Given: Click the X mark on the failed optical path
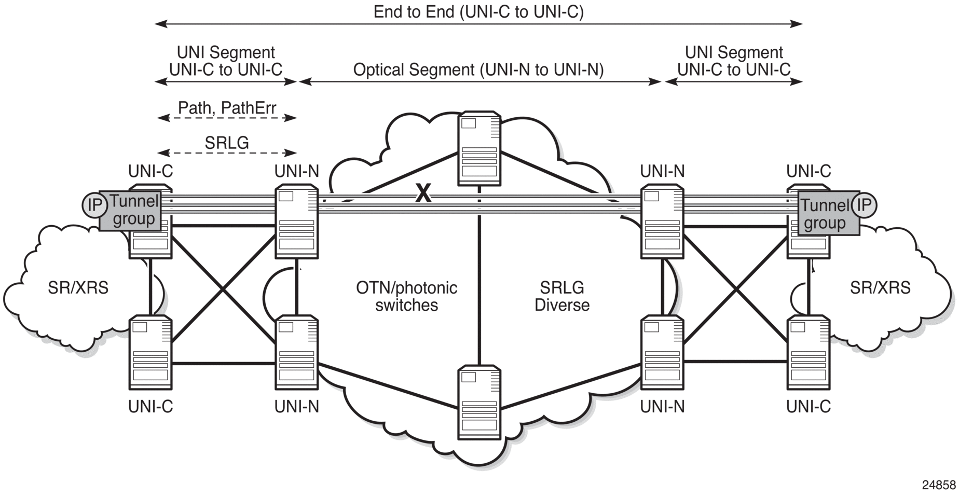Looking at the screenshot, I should (x=423, y=193).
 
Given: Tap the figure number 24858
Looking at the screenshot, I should (x=938, y=485).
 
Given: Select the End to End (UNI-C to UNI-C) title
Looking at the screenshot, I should (x=478, y=11).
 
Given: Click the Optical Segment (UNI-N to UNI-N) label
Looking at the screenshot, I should (x=478, y=70).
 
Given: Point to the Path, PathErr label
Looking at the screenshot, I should (x=227, y=108).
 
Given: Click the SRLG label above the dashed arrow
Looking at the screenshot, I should (x=227, y=143).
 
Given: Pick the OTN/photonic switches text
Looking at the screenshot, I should (x=406, y=296).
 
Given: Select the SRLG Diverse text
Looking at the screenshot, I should (x=562, y=296).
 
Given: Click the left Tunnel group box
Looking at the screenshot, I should (x=130, y=210).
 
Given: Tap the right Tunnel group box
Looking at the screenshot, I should (x=828, y=213).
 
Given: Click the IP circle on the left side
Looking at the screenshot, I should (x=94, y=205).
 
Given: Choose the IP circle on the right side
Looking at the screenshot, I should (x=864, y=204).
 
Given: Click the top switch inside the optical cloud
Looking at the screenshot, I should (x=479, y=148).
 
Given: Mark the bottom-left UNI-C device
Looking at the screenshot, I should (x=150, y=353).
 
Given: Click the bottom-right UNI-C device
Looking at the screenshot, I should (x=809, y=353).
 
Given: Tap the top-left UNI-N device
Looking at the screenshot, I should (x=297, y=222).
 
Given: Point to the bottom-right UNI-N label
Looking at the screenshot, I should (x=662, y=407).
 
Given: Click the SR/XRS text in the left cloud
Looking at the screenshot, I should (x=78, y=287).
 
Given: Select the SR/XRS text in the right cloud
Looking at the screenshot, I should (x=880, y=287).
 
